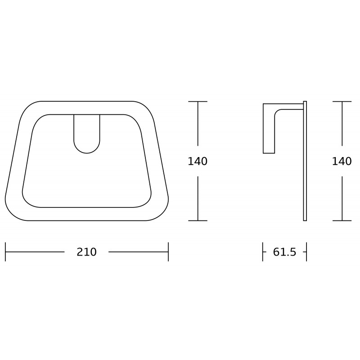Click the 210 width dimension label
pyautogui.click(x=86, y=252)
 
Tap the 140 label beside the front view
pyautogui.click(x=198, y=161)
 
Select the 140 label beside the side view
pyautogui.click(x=342, y=161)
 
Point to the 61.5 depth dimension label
pyautogui.click(x=284, y=252)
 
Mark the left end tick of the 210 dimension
pyautogui.click(x=5, y=252)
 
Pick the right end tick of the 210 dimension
pyautogui.click(x=168, y=252)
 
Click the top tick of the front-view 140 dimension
pyautogui.click(x=198, y=102)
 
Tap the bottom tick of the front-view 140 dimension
pyautogui.click(x=198, y=220)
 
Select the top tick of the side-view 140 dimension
pyautogui.click(x=342, y=102)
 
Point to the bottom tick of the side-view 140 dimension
pyautogui.click(x=342, y=220)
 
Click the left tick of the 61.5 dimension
pyautogui.click(x=263, y=252)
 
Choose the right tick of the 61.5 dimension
pyautogui.click(x=306, y=252)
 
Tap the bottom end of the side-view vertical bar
pyautogui.click(x=305, y=219)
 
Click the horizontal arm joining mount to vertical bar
pyautogui.click(x=290, y=107)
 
